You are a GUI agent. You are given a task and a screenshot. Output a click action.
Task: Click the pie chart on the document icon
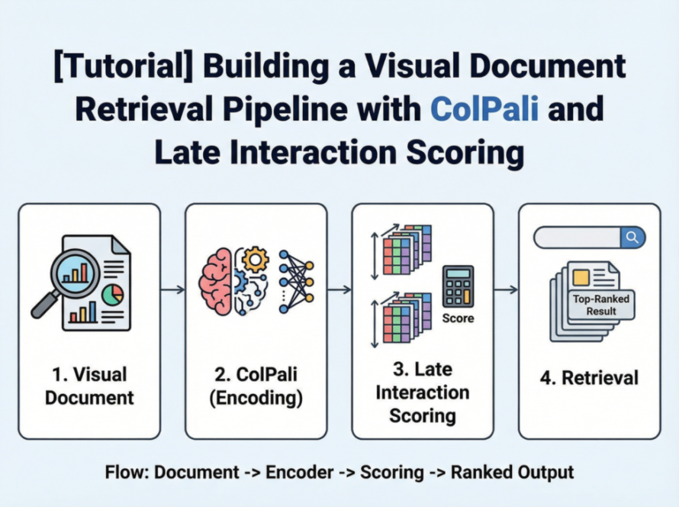(x=113, y=295)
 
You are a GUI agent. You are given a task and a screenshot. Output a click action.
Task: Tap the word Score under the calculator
(x=458, y=318)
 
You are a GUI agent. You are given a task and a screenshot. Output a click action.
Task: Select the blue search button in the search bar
(x=632, y=237)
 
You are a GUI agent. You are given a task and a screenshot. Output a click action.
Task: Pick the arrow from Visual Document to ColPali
(x=172, y=289)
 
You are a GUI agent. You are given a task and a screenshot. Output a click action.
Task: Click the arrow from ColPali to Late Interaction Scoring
(x=339, y=289)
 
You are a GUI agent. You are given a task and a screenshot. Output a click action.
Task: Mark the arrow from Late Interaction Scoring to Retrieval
(x=506, y=289)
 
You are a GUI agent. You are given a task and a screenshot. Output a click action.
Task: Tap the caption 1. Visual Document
(x=90, y=386)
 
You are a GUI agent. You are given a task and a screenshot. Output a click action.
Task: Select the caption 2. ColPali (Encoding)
(x=256, y=386)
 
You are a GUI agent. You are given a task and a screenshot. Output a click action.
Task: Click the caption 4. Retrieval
(x=590, y=378)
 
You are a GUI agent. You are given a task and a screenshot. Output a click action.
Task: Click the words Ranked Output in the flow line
(x=512, y=472)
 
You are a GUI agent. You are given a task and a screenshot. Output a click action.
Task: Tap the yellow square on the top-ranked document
(x=582, y=277)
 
